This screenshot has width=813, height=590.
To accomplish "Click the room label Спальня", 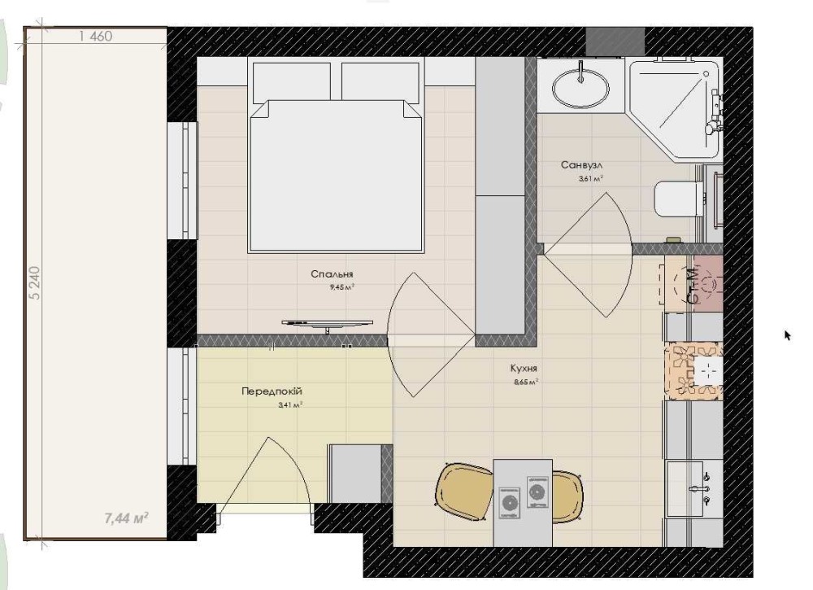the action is click(x=332, y=274).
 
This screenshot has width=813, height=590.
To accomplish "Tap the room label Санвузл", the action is click(x=581, y=165).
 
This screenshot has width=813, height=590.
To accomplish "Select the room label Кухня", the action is click(x=524, y=369).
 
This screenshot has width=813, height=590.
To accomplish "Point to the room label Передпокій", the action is click(x=272, y=391).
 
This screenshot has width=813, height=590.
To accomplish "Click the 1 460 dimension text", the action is click(x=96, y=37).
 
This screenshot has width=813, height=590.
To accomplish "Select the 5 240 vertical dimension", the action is click(x=34, y=283).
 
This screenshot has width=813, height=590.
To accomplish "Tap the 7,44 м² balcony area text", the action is click(x=127, y=518).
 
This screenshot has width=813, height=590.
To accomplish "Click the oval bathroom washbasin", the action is click(x=580, y=86).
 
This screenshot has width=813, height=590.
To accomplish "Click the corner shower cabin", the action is click(x=674, y=108).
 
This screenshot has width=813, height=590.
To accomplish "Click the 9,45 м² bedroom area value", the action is click(x=341, y=286).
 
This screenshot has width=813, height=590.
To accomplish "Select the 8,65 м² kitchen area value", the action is click(x=526, y=382).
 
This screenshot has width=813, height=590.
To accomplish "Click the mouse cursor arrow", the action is click(x=788, y=335).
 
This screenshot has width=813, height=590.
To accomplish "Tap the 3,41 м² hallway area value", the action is click(x=290, y=405).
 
